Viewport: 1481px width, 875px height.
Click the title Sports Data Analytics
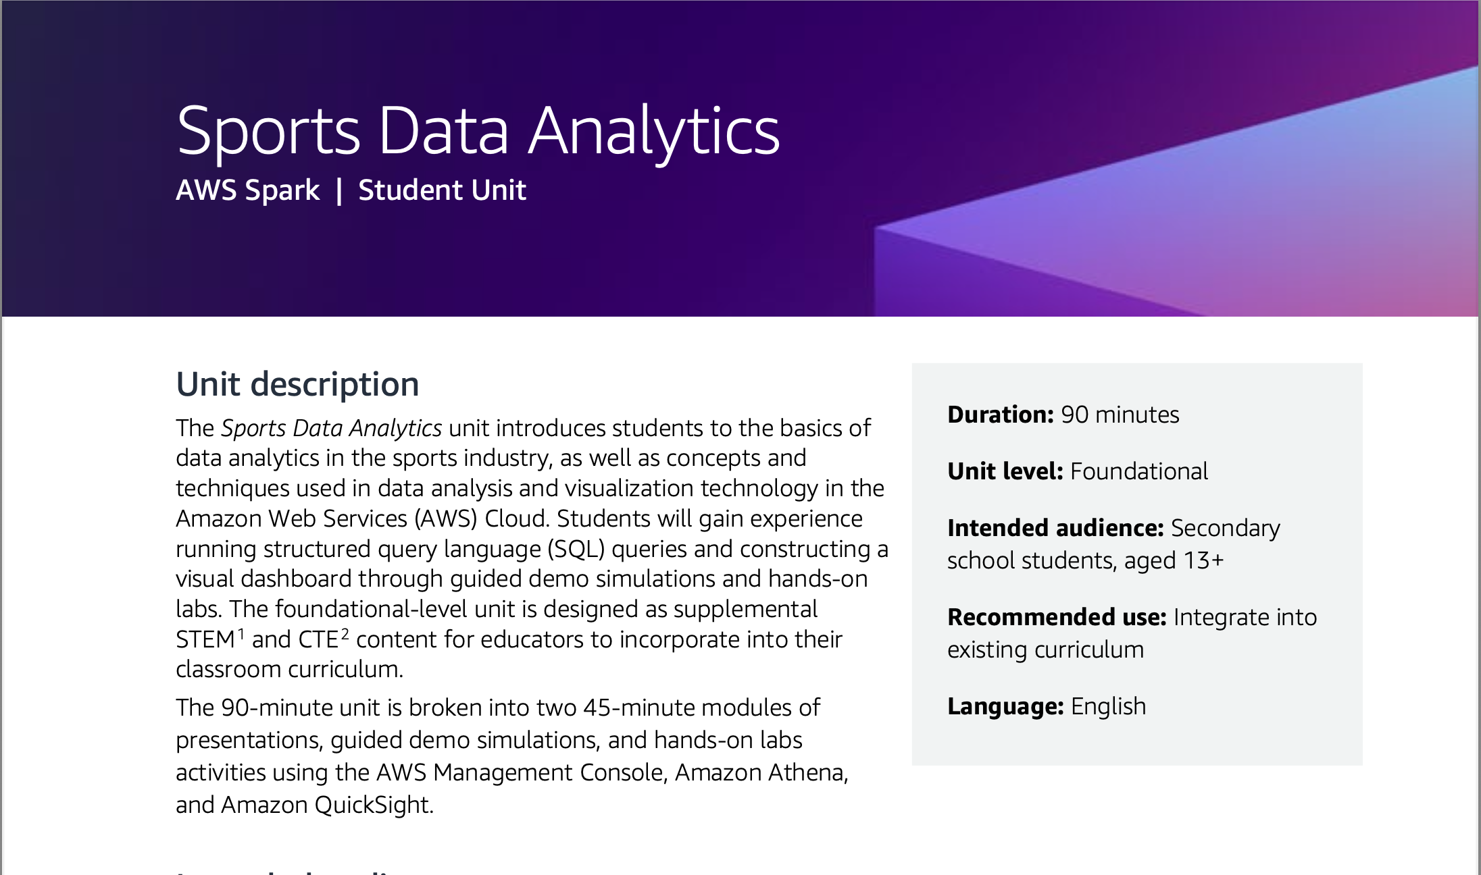click(478, 131)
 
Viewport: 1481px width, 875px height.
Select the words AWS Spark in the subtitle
click(247, 190)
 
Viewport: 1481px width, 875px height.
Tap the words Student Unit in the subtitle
click(442, 190)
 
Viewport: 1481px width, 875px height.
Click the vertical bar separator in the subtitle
click(339, 190)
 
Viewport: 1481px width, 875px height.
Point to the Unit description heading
click(297, 384)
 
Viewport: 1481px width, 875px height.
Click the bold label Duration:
click(1000, 415)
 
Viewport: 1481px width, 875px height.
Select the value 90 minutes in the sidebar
click(1120, 415)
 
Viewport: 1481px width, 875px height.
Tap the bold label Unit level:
click(1005, 471)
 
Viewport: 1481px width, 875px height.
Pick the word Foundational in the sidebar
click(1138, 471)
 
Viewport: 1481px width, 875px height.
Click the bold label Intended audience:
click(1055, 528)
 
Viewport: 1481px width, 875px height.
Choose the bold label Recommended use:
click(1056, 617)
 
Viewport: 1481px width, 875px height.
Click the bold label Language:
click(1005, 706)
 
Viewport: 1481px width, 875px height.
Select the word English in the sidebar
click(1108, 706)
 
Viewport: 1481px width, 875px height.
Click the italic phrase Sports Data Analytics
click(331, 428)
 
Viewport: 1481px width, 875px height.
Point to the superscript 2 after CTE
click(345, 633)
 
